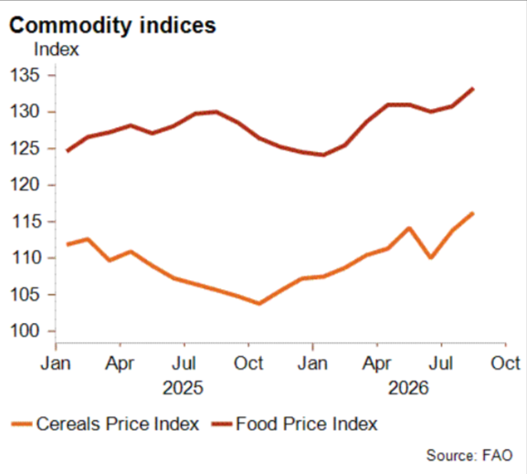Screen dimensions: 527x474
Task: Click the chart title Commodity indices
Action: click(112, 26)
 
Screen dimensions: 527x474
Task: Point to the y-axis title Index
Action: click(57, 49)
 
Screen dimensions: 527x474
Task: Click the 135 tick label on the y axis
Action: click(26, 75)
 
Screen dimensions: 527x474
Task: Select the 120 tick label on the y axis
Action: click(26, 185)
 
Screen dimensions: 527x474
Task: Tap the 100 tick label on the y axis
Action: click(26, 331)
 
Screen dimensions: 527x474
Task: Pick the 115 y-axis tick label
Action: click(26, 221)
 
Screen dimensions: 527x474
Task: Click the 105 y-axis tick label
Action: click(26, 295)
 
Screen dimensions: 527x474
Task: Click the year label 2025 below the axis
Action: click(184, 388)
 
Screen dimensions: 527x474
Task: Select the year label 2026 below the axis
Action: click(408, 388)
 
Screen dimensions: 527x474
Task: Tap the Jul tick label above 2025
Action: click(184, 363)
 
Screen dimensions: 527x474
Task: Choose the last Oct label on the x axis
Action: click(505, 363)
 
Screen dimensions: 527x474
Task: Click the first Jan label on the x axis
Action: click(56, 363)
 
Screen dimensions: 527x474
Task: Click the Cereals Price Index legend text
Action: click(118, 424)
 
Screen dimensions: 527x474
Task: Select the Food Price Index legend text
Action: click(307, 424)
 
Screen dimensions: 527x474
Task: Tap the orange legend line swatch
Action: click(22, 424)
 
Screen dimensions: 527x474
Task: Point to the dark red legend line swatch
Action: click(222, 424)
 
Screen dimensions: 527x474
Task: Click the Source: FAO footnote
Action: click(469, 456)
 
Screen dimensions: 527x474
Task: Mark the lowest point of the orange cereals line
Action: click(259, 304)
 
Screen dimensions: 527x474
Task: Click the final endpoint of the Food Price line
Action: click(473, 89)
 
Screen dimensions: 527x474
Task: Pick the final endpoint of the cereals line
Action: click(472, 213)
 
